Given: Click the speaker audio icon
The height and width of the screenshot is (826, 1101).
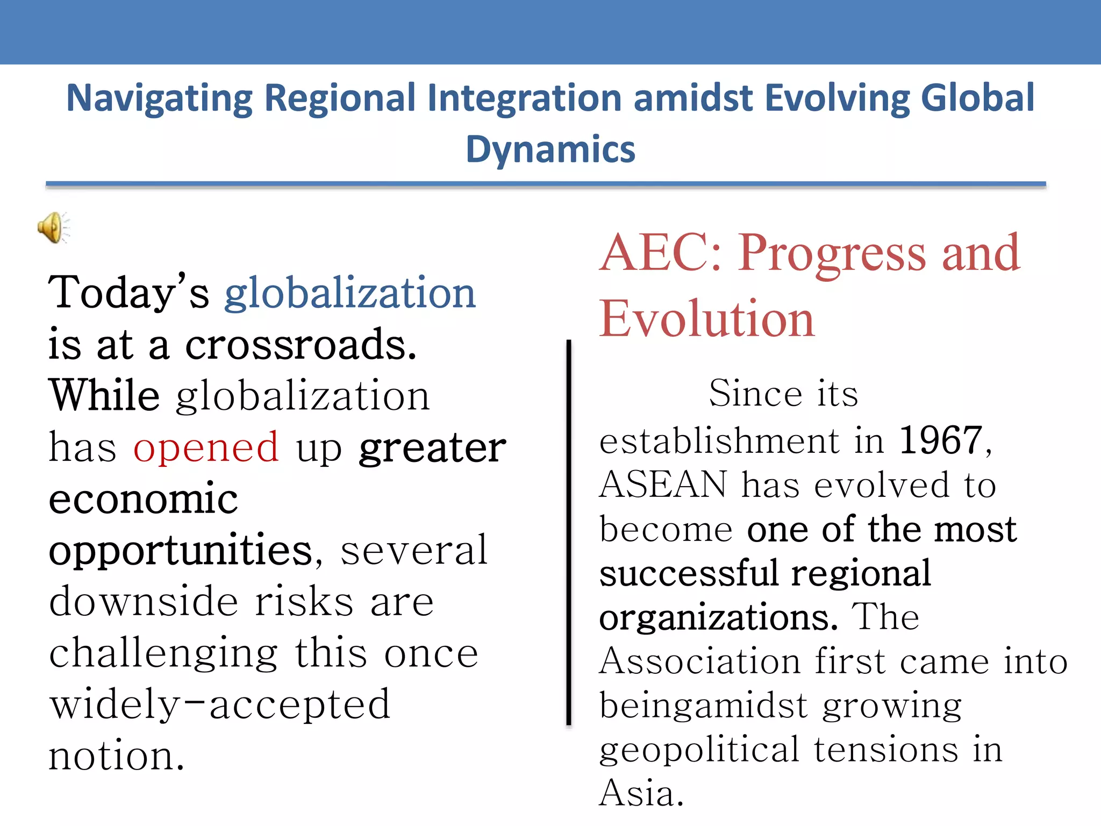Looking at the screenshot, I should click(x=53, y=227).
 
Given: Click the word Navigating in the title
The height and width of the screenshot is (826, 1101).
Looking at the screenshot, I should click(x=159, y=98).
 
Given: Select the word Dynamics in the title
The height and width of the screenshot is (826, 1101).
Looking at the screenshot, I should click(x=550, y=149).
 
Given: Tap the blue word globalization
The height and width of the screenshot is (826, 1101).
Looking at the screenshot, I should click(x=350, y=293).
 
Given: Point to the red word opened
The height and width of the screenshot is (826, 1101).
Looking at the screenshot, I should click(x=206, y=447).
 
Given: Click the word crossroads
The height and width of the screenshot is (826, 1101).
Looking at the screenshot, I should click(x=301, y=345).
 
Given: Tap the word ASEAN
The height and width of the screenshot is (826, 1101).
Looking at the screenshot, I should click(x=663, y=485).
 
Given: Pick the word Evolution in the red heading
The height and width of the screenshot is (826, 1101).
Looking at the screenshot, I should click(x=707, y=319).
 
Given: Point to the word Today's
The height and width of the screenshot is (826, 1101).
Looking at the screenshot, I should click(x=128, y=293).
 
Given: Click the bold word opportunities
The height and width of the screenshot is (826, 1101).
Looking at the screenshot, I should click(x=181, y=551).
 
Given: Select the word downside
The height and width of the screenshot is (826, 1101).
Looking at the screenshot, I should click(x=144, y=602).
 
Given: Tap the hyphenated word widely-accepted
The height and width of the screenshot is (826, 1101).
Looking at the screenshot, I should click(x=220, y=704).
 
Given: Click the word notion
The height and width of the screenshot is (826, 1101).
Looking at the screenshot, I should click(x=116, y=756).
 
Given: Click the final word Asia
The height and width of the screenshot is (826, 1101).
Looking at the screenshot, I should click(x=641, y=793).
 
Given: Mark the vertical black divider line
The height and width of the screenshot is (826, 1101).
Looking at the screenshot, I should click(x=569, y=532).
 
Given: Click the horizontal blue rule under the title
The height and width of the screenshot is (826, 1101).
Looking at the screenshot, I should click(x=546, y=184).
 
